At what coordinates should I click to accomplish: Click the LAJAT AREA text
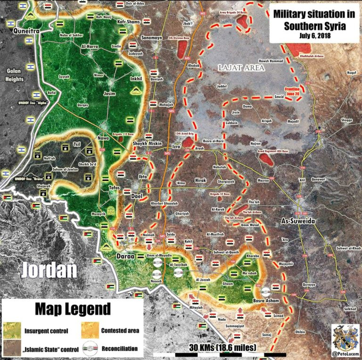(x=242, y=68)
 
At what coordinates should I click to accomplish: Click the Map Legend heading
(x=73, y=309)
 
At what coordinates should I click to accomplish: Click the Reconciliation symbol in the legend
(x=89, y=349)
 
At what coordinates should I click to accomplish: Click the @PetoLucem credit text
(x=346, y=353)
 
